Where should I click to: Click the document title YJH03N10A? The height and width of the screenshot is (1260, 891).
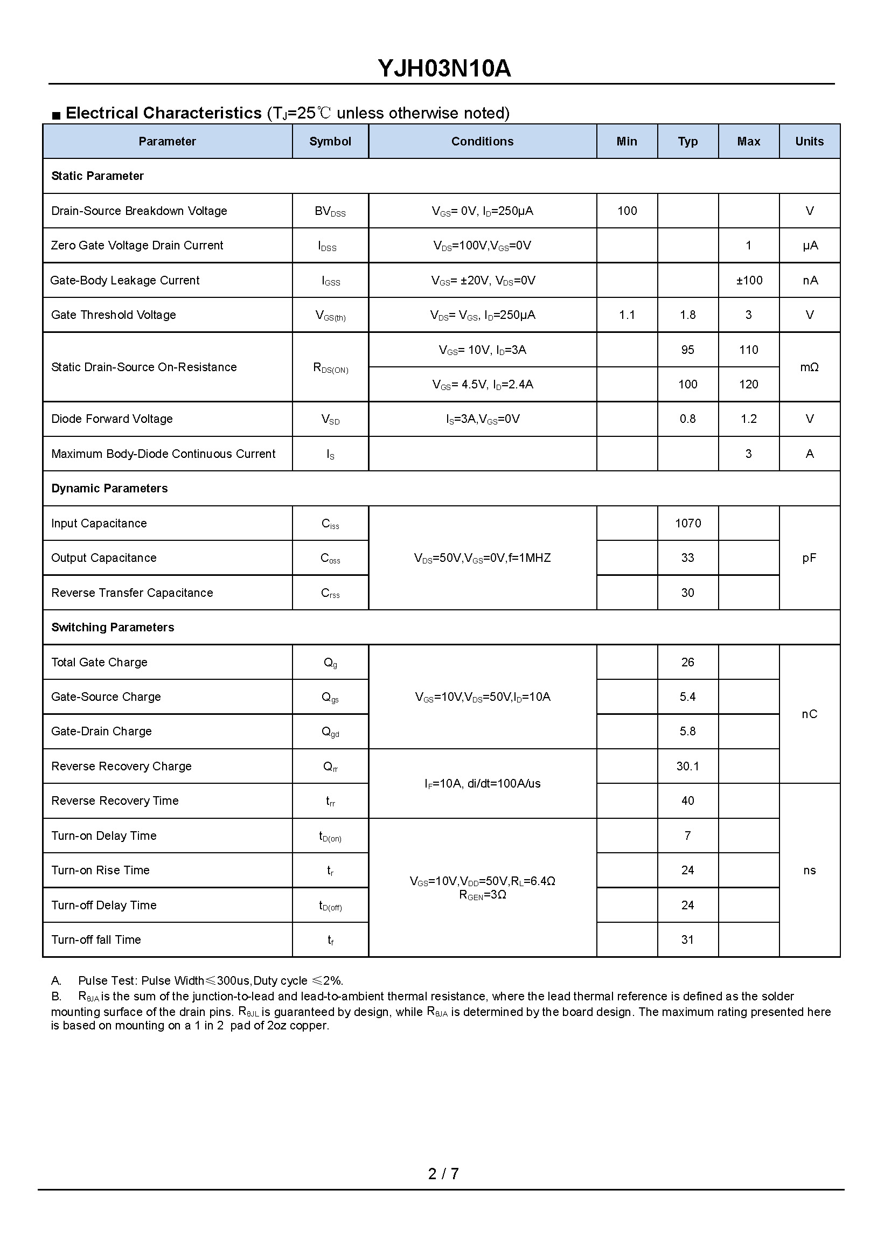444,68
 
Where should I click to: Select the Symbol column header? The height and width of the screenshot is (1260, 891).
330,142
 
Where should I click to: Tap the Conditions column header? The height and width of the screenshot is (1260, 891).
482,142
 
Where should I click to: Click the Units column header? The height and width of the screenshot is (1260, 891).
809,142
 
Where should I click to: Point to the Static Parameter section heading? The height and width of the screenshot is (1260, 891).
97,176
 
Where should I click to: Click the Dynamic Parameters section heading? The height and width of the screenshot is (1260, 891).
109,489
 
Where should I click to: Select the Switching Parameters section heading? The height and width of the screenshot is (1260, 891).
113,627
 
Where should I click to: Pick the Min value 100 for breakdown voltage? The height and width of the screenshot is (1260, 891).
627,211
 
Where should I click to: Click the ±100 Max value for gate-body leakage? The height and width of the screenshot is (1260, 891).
749,281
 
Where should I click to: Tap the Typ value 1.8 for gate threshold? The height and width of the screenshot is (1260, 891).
687,315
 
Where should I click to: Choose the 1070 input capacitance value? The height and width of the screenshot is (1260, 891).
687,524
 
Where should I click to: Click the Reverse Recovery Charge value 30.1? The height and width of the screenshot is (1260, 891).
687,766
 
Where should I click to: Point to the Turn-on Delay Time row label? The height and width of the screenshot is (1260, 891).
103,836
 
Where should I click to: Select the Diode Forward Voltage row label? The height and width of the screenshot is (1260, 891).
112,419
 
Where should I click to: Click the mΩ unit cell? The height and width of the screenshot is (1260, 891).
809,367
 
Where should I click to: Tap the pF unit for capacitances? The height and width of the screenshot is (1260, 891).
809,558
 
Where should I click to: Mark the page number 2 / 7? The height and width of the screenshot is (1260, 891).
443,1173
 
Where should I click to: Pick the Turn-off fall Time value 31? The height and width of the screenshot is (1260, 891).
687,940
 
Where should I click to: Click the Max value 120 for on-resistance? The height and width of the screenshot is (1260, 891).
749,385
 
